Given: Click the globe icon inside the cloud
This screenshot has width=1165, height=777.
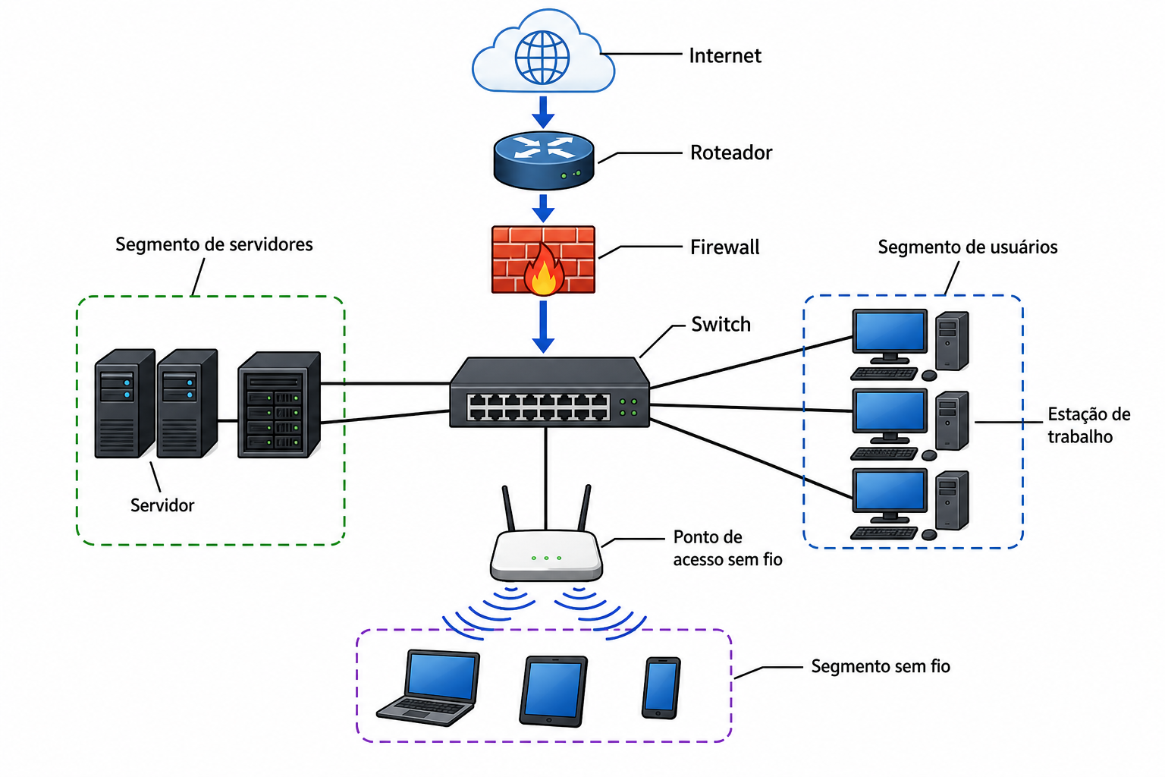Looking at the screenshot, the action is click(x=542, y=57).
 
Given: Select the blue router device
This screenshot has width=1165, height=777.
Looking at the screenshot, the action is click(x=544, y=160).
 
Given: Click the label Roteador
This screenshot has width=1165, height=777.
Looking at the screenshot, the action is click(x=730, y=153).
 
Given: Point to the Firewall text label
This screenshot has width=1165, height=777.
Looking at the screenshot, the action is click(x=724, y=247).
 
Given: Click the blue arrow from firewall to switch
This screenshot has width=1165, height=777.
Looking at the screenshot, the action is click(x=544, y=327).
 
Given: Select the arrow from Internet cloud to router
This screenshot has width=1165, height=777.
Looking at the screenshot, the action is click(x=544, y=112).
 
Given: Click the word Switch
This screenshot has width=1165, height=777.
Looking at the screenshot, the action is click(x=721, y=324).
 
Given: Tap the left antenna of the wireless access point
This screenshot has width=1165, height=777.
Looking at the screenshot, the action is click(x=508, y=508).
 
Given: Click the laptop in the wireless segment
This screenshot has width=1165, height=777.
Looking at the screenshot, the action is click(x=429, y=687).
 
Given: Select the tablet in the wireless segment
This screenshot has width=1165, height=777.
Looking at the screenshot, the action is click(x=554, y=691).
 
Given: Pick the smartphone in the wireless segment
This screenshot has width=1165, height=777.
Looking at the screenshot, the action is click(x=661, y=688).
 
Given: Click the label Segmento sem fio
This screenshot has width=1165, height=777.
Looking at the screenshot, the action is click(x=881, y=666).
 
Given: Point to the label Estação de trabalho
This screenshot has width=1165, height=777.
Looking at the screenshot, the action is click(x=1088, y=425).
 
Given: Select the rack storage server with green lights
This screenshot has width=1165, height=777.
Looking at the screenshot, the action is click(x=279, y=405).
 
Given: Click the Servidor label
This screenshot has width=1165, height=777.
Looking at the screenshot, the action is click(x=162, y=505).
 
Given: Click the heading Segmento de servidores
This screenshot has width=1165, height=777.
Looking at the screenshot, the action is click(x=214, y=244).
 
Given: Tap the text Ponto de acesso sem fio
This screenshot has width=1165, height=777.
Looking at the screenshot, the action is click(x=727, y=548).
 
